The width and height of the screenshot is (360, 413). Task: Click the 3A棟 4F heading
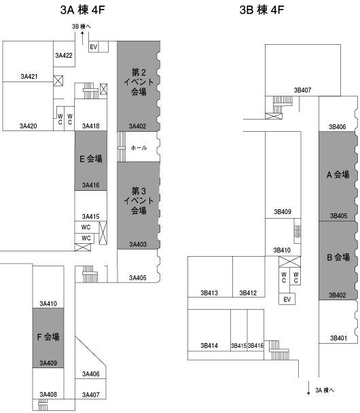pos(82,10)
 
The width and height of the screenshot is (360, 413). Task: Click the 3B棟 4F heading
pos(262,10)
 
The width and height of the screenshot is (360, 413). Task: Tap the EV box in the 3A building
pos(94,47)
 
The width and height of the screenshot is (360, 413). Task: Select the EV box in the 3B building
pos(287,299)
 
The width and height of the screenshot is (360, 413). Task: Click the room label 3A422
pos(64,55)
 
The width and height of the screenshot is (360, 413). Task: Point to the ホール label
pos(139,148)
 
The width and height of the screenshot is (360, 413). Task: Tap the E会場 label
pos(91,158)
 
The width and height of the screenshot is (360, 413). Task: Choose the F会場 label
pos(48,337)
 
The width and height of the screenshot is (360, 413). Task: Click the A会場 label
pos(338,175)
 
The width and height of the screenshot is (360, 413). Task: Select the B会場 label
pos(338,257)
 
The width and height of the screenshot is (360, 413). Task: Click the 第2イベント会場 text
pos(139,82)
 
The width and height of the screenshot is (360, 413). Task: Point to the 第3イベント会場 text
pos(139,200)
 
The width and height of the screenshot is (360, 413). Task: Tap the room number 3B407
pos(302,90)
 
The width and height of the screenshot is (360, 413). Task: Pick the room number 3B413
pos(209,293)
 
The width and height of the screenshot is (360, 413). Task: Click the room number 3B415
pos(238,346)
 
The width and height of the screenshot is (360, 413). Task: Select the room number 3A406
pos(91,374)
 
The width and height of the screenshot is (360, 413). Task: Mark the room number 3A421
pos(29,77)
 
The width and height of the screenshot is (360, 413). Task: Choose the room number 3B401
pos(339,338)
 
